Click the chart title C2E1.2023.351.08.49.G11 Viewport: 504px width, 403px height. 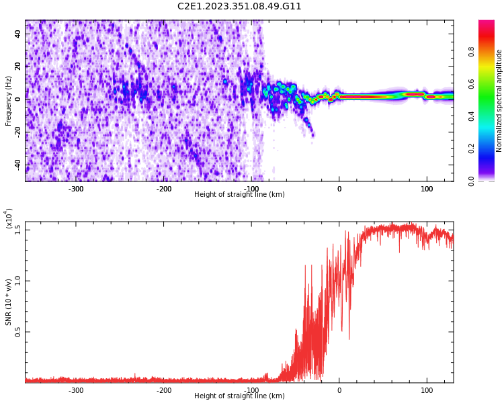(239, 7)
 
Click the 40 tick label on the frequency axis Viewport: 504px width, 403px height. (18, 34)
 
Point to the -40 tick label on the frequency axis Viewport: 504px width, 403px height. (18, 165)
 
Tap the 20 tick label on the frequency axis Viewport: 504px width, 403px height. (18, 66)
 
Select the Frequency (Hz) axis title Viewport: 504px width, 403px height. (9, 101)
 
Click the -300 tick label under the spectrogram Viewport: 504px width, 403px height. (76, 189)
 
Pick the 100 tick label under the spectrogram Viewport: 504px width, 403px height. (427, 189)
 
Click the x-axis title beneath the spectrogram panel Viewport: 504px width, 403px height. (239, 195)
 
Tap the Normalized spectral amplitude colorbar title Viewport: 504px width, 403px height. (499, 101)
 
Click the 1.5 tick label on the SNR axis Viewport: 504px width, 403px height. (18, 229)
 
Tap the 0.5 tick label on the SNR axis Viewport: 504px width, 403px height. (18, 332)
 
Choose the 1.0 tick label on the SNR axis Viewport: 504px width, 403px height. (18, 280)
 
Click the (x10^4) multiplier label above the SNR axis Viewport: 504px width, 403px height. (9, 218)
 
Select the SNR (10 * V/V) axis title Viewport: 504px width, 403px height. (9, 302)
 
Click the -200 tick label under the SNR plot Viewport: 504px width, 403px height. (164, 390)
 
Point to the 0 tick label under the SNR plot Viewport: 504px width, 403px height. (339, 390)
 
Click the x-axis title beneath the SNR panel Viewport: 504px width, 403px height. (239, 396)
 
